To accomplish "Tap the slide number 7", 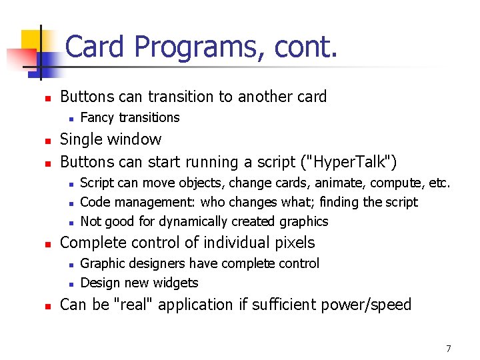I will point(449,349).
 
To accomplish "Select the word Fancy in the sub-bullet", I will point(96,118).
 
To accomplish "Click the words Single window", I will point(111,139).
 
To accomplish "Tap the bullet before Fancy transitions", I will point(69,119).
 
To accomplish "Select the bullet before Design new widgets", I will point(69,283).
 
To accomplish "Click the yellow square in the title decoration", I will point(31,41).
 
